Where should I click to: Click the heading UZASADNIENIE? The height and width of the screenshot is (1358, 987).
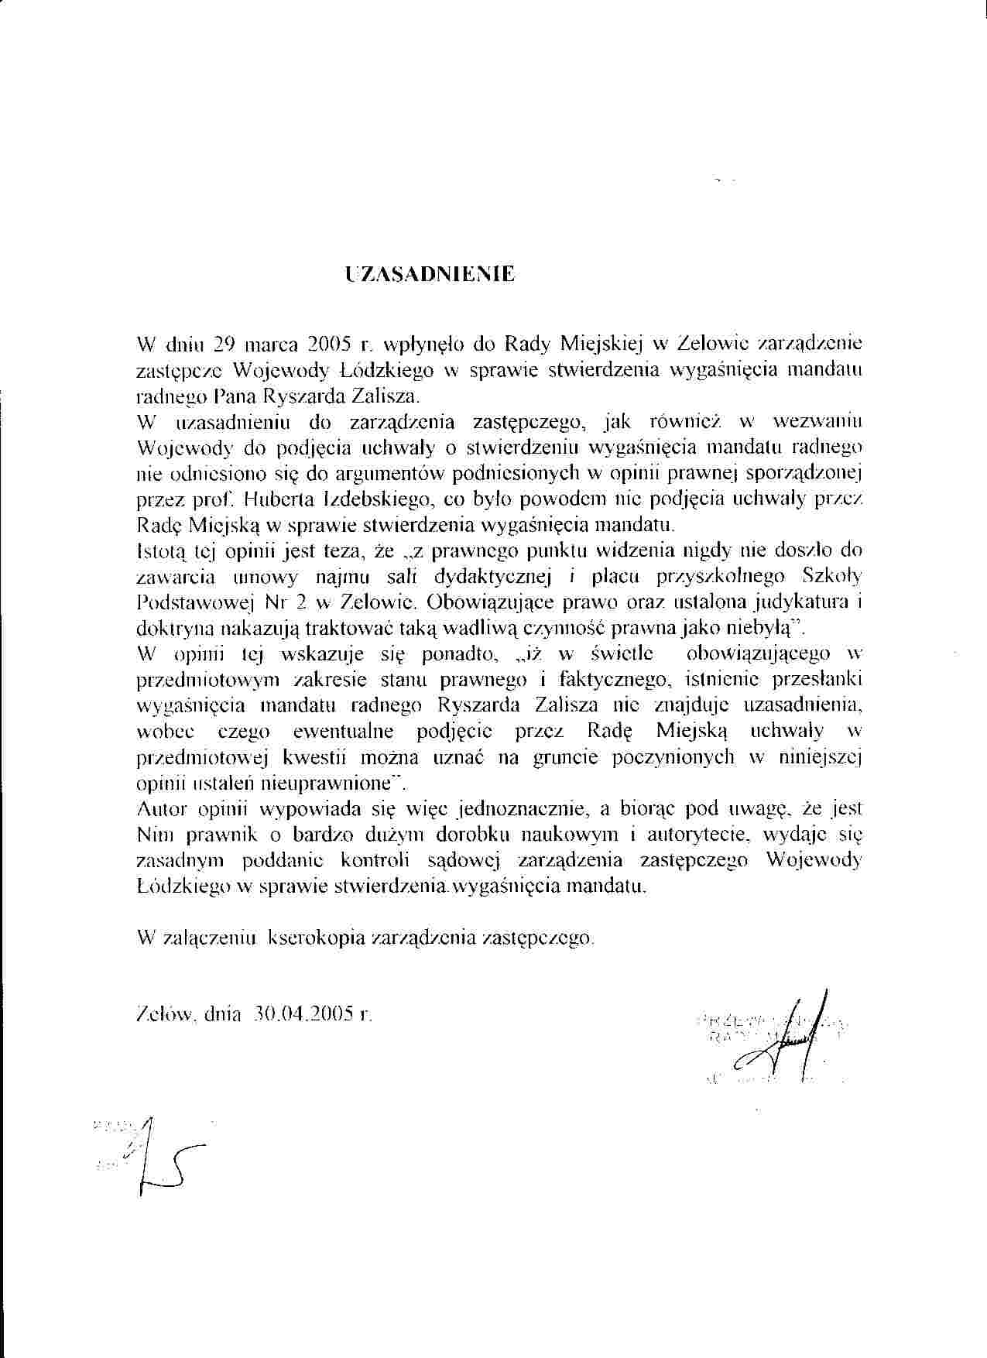tap(430, 275)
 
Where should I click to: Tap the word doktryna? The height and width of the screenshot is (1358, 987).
tap(171, 628)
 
